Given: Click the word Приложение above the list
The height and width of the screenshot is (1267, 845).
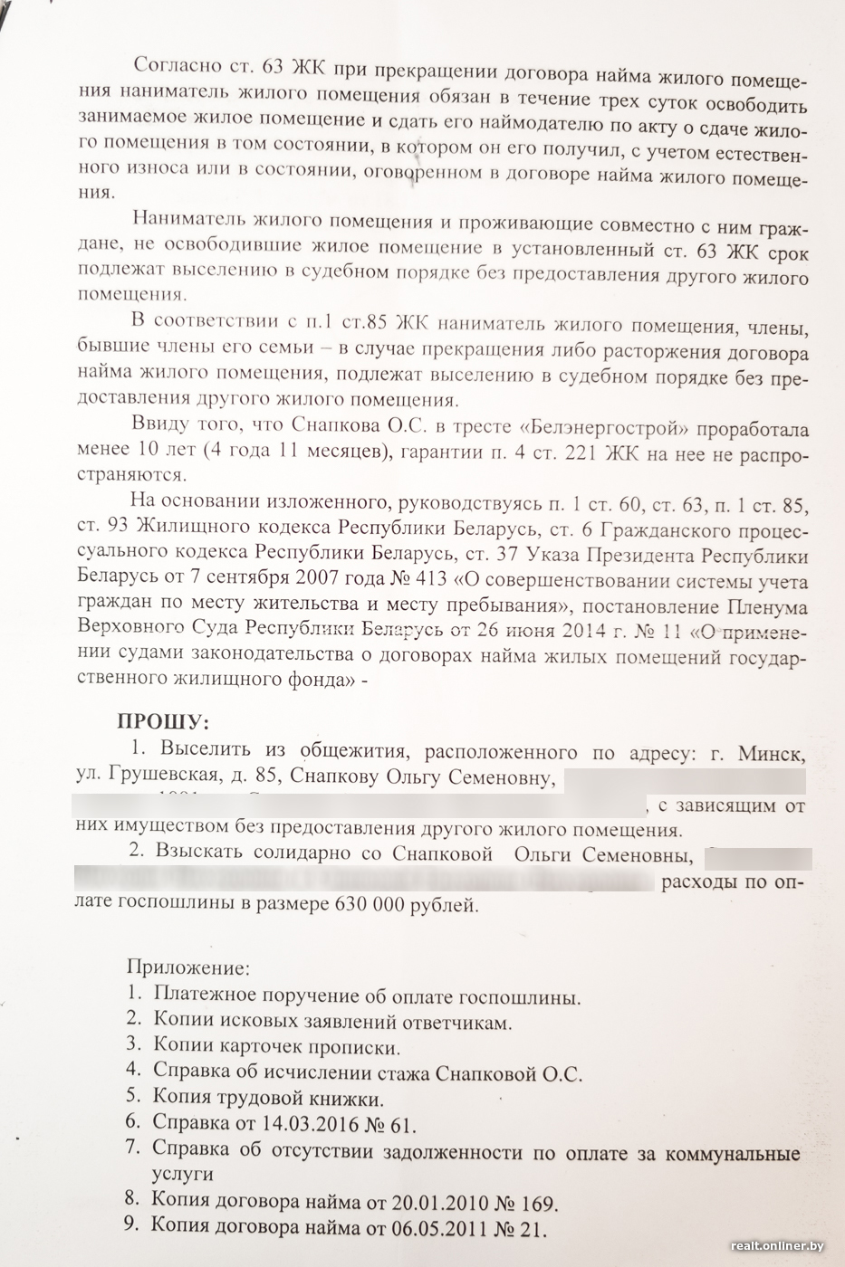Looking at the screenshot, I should pyautogui.click(x=187, y=967).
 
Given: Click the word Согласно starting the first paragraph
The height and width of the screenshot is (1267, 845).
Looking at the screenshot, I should pyautogui.click(x=177, y=67).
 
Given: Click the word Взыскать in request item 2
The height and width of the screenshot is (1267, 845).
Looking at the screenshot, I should pyautogui.click(x=200, y=853).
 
